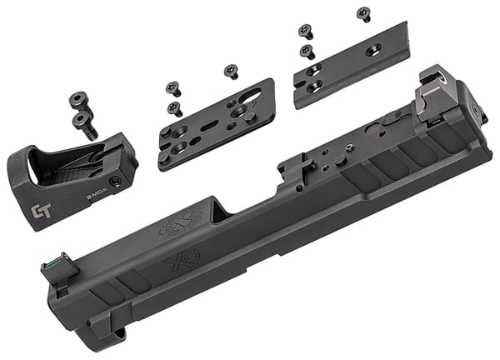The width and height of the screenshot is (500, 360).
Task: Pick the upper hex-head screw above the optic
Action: coord(78,100)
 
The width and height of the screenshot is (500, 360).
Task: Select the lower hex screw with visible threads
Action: coord(85,125)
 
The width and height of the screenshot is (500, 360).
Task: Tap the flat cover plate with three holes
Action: coord(350,66)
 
